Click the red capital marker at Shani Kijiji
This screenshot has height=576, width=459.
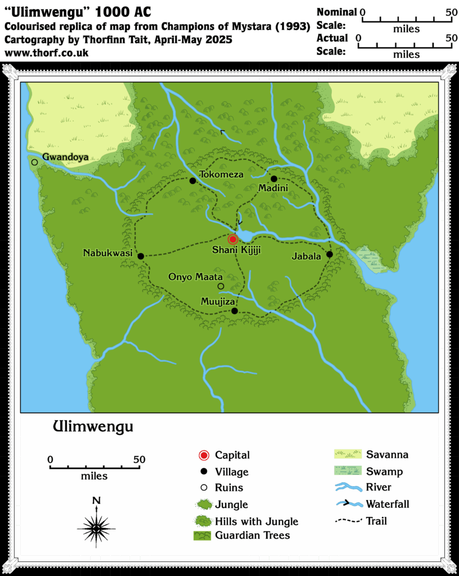click(x=233, y=239)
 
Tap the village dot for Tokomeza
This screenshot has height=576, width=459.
click(x=193, y=181)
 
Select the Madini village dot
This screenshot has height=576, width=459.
click(x=274, y=179)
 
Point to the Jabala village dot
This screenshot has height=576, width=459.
click(x=329, y=254)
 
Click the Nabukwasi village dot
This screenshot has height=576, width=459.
click(x=141, y=256)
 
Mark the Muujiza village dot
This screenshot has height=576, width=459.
click(x=234, y=311)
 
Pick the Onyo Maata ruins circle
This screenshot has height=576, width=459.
click(x=221, y=286)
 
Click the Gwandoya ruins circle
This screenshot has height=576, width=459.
click(x=34, y=162)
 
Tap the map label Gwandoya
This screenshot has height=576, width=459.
click(x=65, y=157)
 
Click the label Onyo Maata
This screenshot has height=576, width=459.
click(x=196, y=277)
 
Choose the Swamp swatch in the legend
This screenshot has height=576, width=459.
click(x=347, y=471)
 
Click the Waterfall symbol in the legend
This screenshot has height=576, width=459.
click(x=347, y=504)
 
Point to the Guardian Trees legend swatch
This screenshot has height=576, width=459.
click(x=202, y=535)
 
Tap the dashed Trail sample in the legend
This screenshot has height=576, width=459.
click(x=347, y=521)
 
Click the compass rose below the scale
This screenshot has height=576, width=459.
click(x=96, y=527)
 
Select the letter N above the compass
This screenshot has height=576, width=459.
click(x=96, y=500)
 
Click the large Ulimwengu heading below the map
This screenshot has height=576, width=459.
click(x=93, y=427)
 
